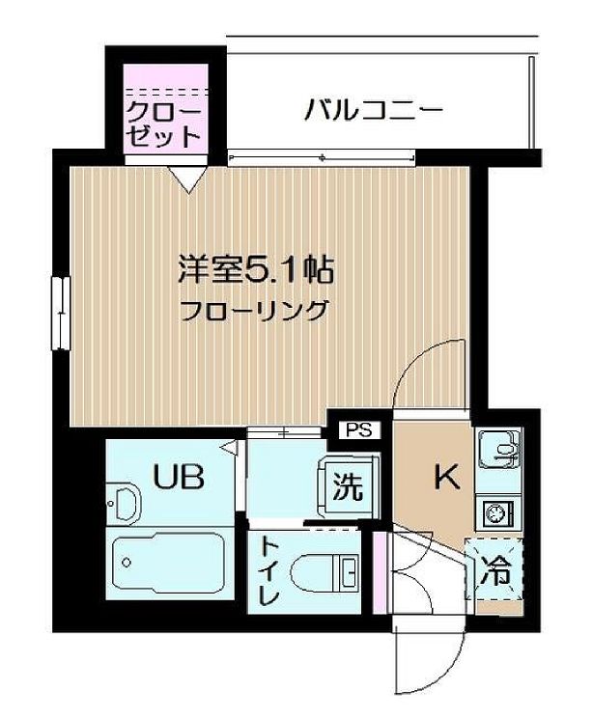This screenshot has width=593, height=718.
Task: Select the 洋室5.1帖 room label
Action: (254, 269)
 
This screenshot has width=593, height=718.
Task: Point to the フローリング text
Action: (253, 311)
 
